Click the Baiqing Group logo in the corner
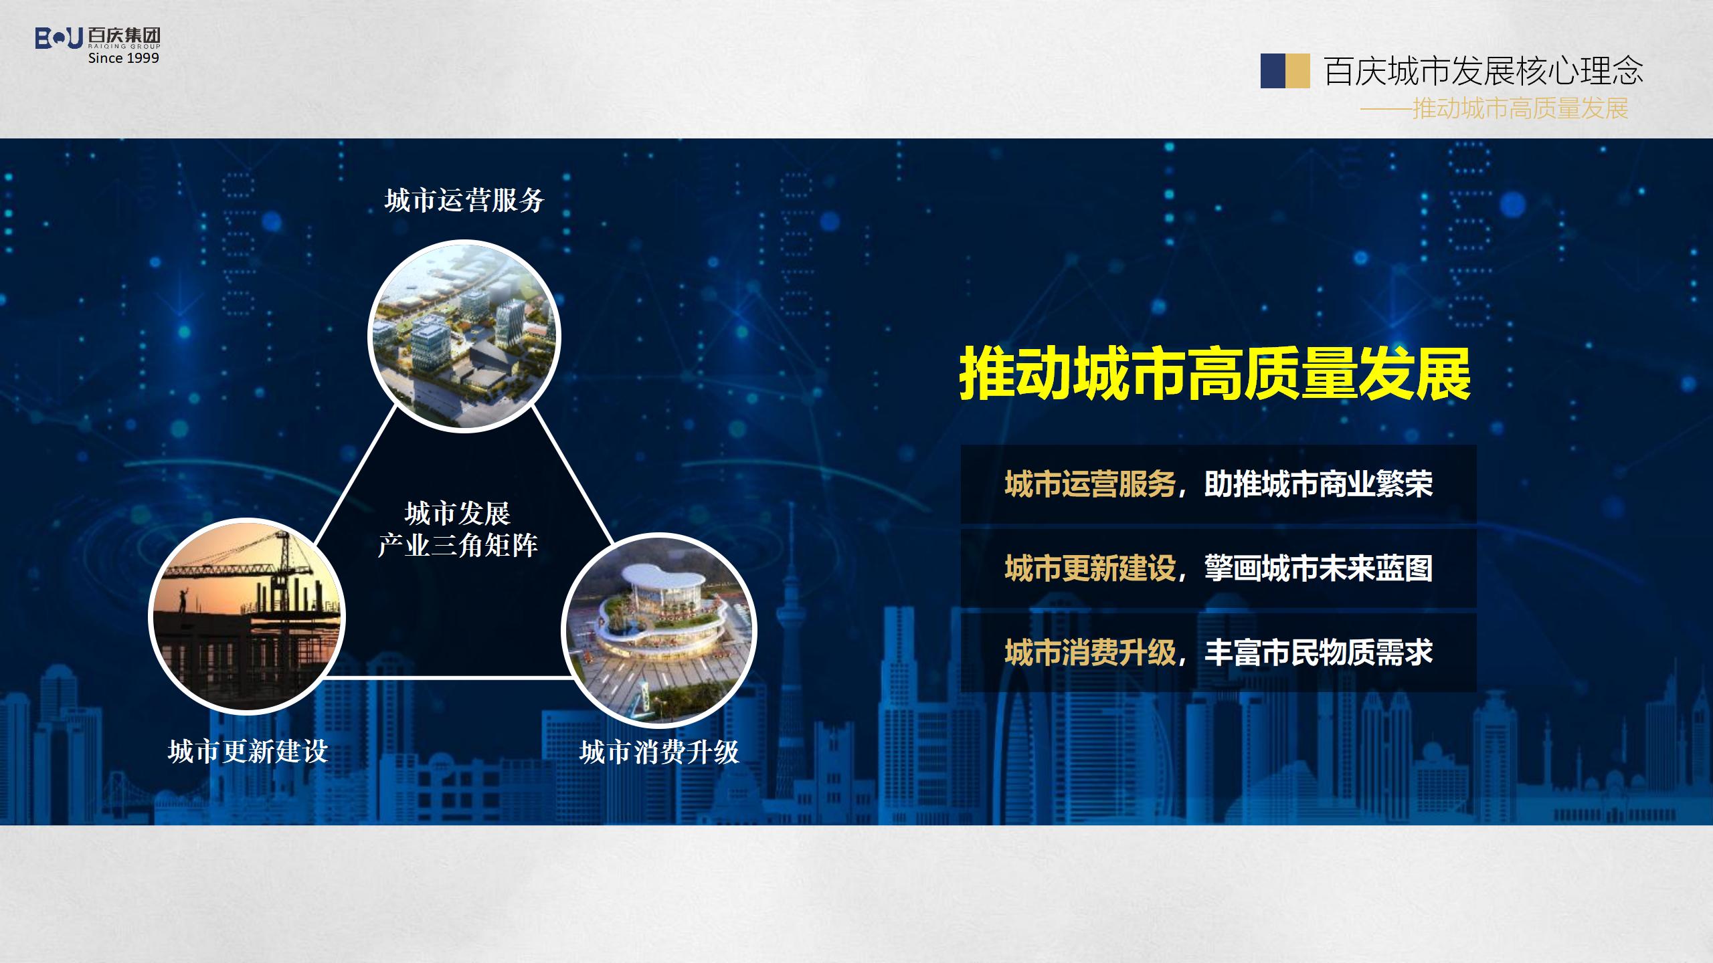(x=98, y=38)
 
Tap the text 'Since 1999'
(x=124, y=58)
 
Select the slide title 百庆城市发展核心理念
(x=1483, y=71)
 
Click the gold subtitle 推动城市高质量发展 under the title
(x=1520, y=108)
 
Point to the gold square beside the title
(x=1298, y=71)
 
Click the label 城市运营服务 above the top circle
(x=464, y=200)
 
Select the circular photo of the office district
(x=464, y=336)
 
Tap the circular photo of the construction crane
(x=247, y=617)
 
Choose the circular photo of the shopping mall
(x=659, y=630)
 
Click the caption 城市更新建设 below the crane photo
(x=248, y=752)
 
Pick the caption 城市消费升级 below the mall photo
(x=660, y=752)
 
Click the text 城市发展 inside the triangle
(x=458, y=514)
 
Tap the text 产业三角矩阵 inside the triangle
(x=458, y=545)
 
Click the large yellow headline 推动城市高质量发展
(x=1215, y=374)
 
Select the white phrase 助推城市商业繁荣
(x=1318, y=484)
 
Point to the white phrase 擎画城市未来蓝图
(x=1318, y=568)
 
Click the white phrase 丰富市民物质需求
(x=1318, y=653)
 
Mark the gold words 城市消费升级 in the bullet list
(x=1090, y=653)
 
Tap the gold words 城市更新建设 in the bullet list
(x=1090, y=568)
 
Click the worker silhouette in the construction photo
(x=182, y=599)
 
